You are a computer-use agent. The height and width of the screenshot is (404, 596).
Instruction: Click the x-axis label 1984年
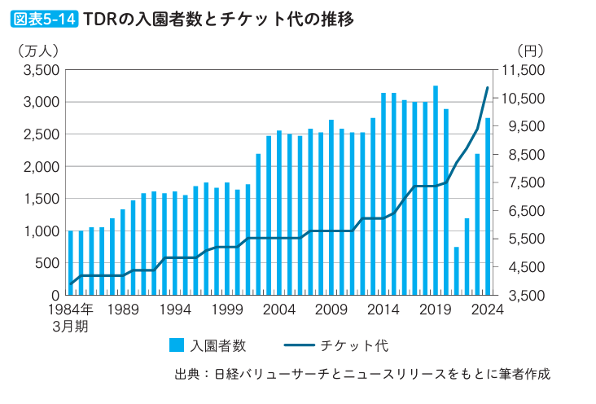(71, 310)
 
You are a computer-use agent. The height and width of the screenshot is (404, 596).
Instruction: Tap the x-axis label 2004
(279, 310)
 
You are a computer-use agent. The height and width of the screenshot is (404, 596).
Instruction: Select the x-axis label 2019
(436, 310)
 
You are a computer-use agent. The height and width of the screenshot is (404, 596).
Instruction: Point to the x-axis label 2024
(488, 310)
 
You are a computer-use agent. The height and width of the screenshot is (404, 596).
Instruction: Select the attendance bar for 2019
(436, 190)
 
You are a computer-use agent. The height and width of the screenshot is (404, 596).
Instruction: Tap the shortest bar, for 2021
(457, 270)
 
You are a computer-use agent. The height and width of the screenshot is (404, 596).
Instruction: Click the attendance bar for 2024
(488, 206)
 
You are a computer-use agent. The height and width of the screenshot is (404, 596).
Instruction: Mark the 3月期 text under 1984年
(71, 326)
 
